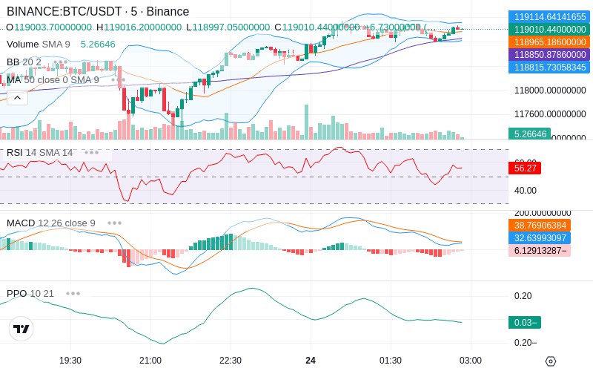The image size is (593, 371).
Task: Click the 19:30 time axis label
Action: [x=70, y=360]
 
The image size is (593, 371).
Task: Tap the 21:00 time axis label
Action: [x=150, y=360]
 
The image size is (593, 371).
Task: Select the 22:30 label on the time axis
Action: [x=231, y=360]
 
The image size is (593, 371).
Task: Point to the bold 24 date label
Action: [x=311, y=360]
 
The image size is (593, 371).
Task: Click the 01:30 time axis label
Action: [x=391, y=360]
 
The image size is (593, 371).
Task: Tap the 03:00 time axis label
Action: [x=471, y=360]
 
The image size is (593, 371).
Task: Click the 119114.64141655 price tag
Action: [x=548, y=16]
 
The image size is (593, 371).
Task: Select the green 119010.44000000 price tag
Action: [x=548, y=29]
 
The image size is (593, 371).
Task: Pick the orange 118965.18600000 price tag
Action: [x=548, y=42]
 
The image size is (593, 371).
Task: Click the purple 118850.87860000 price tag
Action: [x=548, y=55]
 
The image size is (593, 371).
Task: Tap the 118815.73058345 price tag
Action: [x=548, y=68]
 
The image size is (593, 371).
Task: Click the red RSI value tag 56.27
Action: [x=525, y=168]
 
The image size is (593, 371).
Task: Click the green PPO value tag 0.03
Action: [x=524, y=322]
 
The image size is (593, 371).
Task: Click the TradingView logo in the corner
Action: [x=21, y=329]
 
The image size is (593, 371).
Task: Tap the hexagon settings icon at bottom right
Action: [x=550, y=361]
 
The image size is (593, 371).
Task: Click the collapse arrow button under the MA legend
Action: [x=17, y=97]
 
